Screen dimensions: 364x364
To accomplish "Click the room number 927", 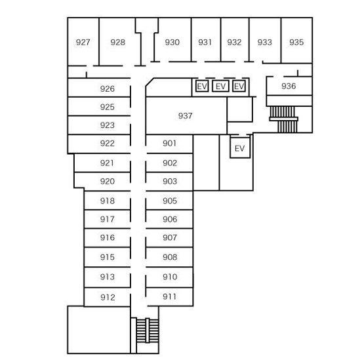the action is click(83, 42).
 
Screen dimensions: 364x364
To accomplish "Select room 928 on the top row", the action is click(117, 42).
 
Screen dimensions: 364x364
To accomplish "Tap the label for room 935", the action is click(296, 42).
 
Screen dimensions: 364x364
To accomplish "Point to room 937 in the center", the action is click(185, 115).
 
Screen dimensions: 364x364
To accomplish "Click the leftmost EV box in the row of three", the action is click(202, 86).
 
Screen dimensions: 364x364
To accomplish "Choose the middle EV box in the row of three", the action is click(220, 86).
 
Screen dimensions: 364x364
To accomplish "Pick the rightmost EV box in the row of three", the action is click(239, 86).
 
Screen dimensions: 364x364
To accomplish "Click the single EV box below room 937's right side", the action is click(240, 148).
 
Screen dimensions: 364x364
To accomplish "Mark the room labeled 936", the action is click(289, 86).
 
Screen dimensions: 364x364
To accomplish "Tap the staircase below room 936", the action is click(284, 119).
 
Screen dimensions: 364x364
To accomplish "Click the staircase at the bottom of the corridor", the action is click(148, 331).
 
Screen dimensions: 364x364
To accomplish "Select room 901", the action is click(169, 143).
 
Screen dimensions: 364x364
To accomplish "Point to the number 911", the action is click(169, 296).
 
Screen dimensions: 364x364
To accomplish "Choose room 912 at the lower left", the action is click(108, 297).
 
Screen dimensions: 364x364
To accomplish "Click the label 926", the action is click(108, 89).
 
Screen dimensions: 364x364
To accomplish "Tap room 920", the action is click(108, 181).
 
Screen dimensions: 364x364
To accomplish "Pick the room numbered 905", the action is click(170, 201).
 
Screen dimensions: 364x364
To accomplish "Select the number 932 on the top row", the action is click(234, 42).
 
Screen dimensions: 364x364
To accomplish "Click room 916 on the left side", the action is click(108, 237).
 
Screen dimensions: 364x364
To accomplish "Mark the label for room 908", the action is click(170, 257).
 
